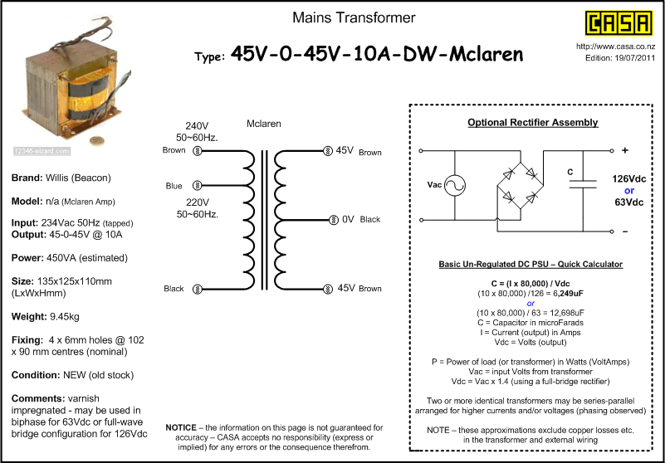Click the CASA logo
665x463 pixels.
(619, 23)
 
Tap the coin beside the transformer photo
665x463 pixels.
(96, 141)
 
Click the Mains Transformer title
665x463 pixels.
(354, 17)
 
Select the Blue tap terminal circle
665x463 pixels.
(198, 185)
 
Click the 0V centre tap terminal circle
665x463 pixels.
(334, 220)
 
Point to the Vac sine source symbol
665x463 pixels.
(455, 185)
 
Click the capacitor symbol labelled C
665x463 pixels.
(583, 184)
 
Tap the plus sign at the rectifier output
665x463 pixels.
(625, 150)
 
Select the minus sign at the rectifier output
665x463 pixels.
(625, 231)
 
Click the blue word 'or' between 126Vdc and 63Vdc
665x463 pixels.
(629, 191)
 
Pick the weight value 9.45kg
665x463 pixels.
(64, 317)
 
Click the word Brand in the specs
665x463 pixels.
(26, 178)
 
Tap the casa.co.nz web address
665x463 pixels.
(615, 46)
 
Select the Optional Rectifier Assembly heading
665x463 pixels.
(533, 123)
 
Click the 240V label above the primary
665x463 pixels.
(197, 126)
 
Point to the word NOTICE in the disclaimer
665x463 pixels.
(181, 427)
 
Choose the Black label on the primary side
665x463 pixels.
(174, 289)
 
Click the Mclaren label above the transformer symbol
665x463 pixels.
(264, 124)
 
